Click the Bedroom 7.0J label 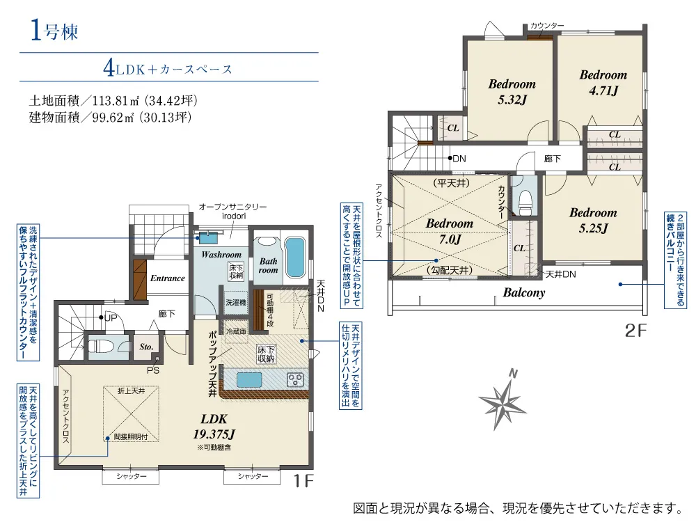coord(450,231)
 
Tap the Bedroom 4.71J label coord(603,83)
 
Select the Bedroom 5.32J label coord(512,91)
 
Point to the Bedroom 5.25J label coord(593,220)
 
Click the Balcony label coord(524,292)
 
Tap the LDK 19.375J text coord(214,426)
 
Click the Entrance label coord(167,278)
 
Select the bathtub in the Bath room coord(294,258)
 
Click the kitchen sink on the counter coord(249,380)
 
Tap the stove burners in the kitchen coord(295,379)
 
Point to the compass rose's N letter coord(513,374)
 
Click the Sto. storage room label coord(146,347)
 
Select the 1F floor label coord(303,481)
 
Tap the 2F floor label coord(635,330)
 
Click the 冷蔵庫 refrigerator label coord(236,331)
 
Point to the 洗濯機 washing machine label coord(236,302)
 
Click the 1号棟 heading coord(54,31)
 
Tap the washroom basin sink coord(207,238)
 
